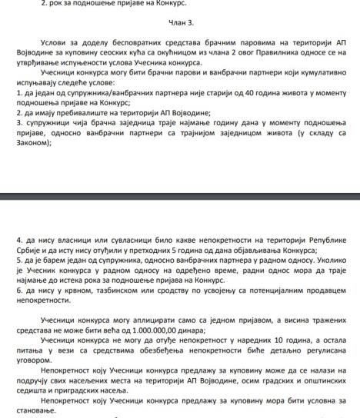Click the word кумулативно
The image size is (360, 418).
coord(311,91)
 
